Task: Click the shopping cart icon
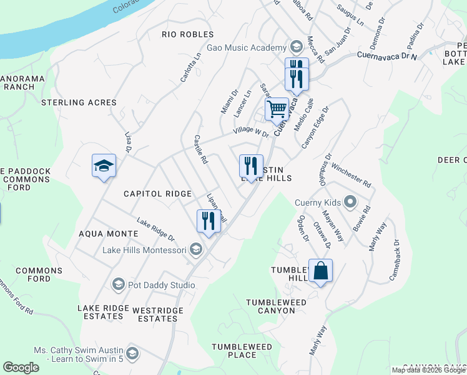(x=277, y=109)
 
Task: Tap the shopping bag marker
(x=320, y=271)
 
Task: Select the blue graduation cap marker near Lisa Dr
(x=104, y=166)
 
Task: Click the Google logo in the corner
(x=21, y=367)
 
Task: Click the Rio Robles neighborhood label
(x=187, y=34)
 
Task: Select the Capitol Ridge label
(x=157, y=194)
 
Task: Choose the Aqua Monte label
(x=109, y=233)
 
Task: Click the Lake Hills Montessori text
(x=144, y=251)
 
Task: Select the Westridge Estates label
(x=157, y=314)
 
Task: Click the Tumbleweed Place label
(x=242, y=351)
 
